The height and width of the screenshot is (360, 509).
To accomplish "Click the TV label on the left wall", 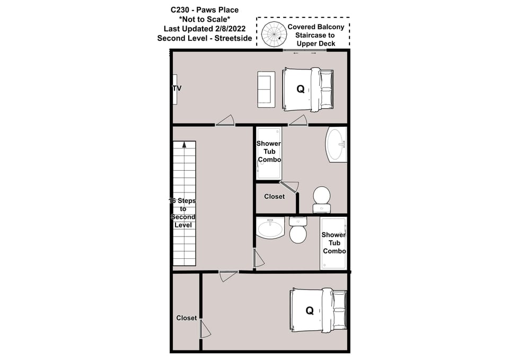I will click(177, 89).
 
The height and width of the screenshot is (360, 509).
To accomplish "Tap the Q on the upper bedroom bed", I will click(301, 89).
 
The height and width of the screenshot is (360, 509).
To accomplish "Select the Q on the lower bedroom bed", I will click(310, 311).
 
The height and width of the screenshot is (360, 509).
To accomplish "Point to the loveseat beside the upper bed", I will click(266, 90).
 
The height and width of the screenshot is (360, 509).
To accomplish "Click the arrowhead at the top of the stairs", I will click(184, 144).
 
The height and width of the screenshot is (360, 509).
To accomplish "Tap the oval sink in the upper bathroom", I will click(336, 144).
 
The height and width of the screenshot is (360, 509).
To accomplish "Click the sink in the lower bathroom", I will click(270, 229).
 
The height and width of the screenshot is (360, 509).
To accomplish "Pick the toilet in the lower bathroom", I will click(298, 231).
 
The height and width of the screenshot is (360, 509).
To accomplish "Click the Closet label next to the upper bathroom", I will click(275, 197).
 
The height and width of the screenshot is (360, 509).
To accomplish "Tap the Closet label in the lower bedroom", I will click(187, 318).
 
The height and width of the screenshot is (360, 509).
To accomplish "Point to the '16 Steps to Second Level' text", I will click(183, 213).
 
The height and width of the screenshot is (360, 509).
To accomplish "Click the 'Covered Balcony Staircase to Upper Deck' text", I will click(316, 35).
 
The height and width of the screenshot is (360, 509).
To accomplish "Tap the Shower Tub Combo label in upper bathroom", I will click(269, 152).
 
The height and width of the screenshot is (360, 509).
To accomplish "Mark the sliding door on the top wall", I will click(305, 51).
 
